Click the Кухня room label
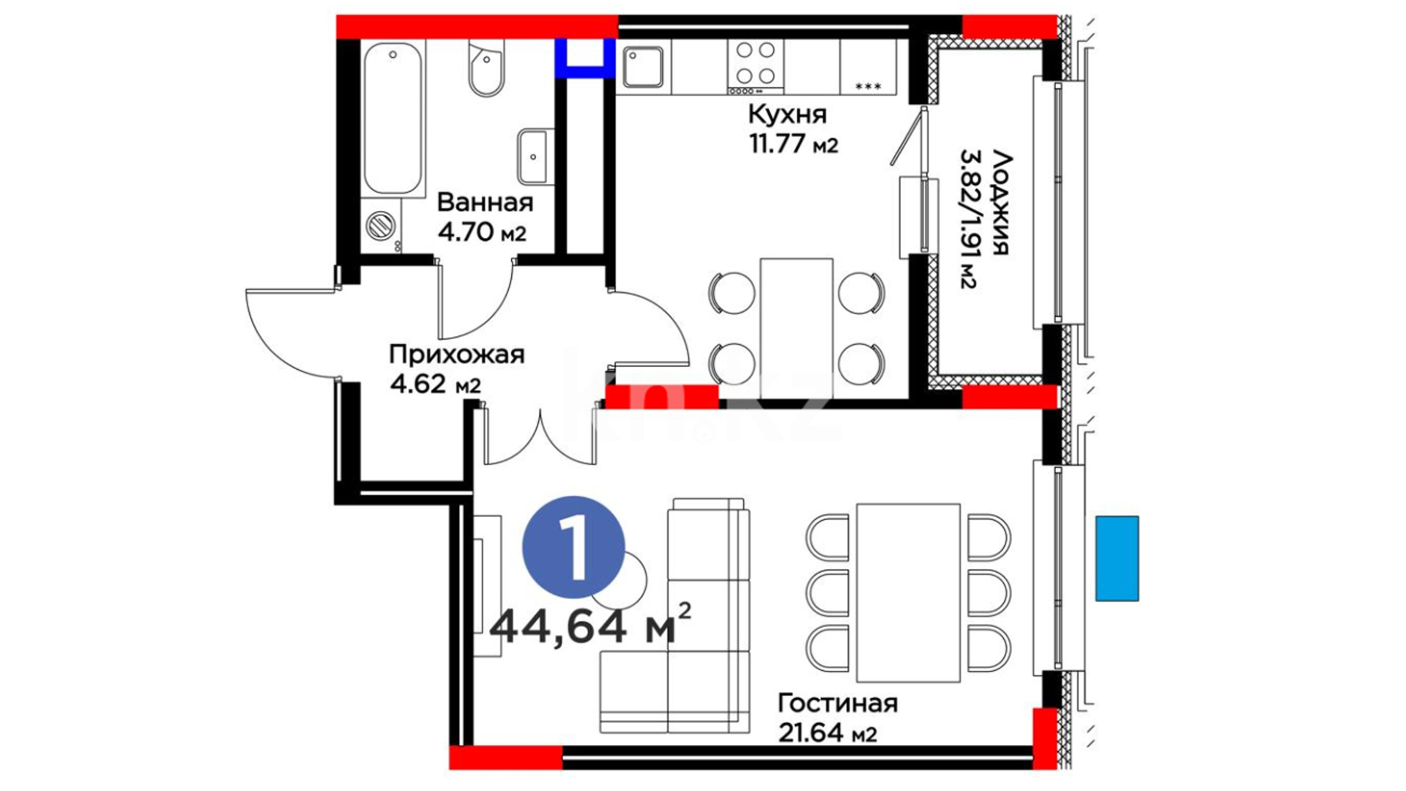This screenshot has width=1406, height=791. tap(787, 114)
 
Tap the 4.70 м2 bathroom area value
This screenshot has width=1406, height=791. tap(482, 232)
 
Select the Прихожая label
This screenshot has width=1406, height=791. tap(457, 354)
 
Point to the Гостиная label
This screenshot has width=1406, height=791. tap(837, 703)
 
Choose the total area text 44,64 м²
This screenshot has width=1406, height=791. tap(590, 624)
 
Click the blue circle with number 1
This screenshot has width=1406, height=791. tap(573, 547)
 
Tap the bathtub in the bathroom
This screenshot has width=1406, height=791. tap(394, 119)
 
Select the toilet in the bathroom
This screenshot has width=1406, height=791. tap(486, 68)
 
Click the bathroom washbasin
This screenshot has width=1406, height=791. tap(535, 157)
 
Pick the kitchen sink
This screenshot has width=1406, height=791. tap(644, 67)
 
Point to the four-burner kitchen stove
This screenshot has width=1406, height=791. tap(756, 67)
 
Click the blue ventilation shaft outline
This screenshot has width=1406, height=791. tap(584, 58)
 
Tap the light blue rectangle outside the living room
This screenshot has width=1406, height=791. tap(1117, 558)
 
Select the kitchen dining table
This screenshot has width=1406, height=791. tap(797, 327)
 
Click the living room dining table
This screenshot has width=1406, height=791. tap(908, 593)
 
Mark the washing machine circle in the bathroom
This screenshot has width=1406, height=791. tap(380, 226)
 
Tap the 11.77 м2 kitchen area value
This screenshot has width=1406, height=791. tap(793, 144)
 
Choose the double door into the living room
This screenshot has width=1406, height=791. tap(540, 437)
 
